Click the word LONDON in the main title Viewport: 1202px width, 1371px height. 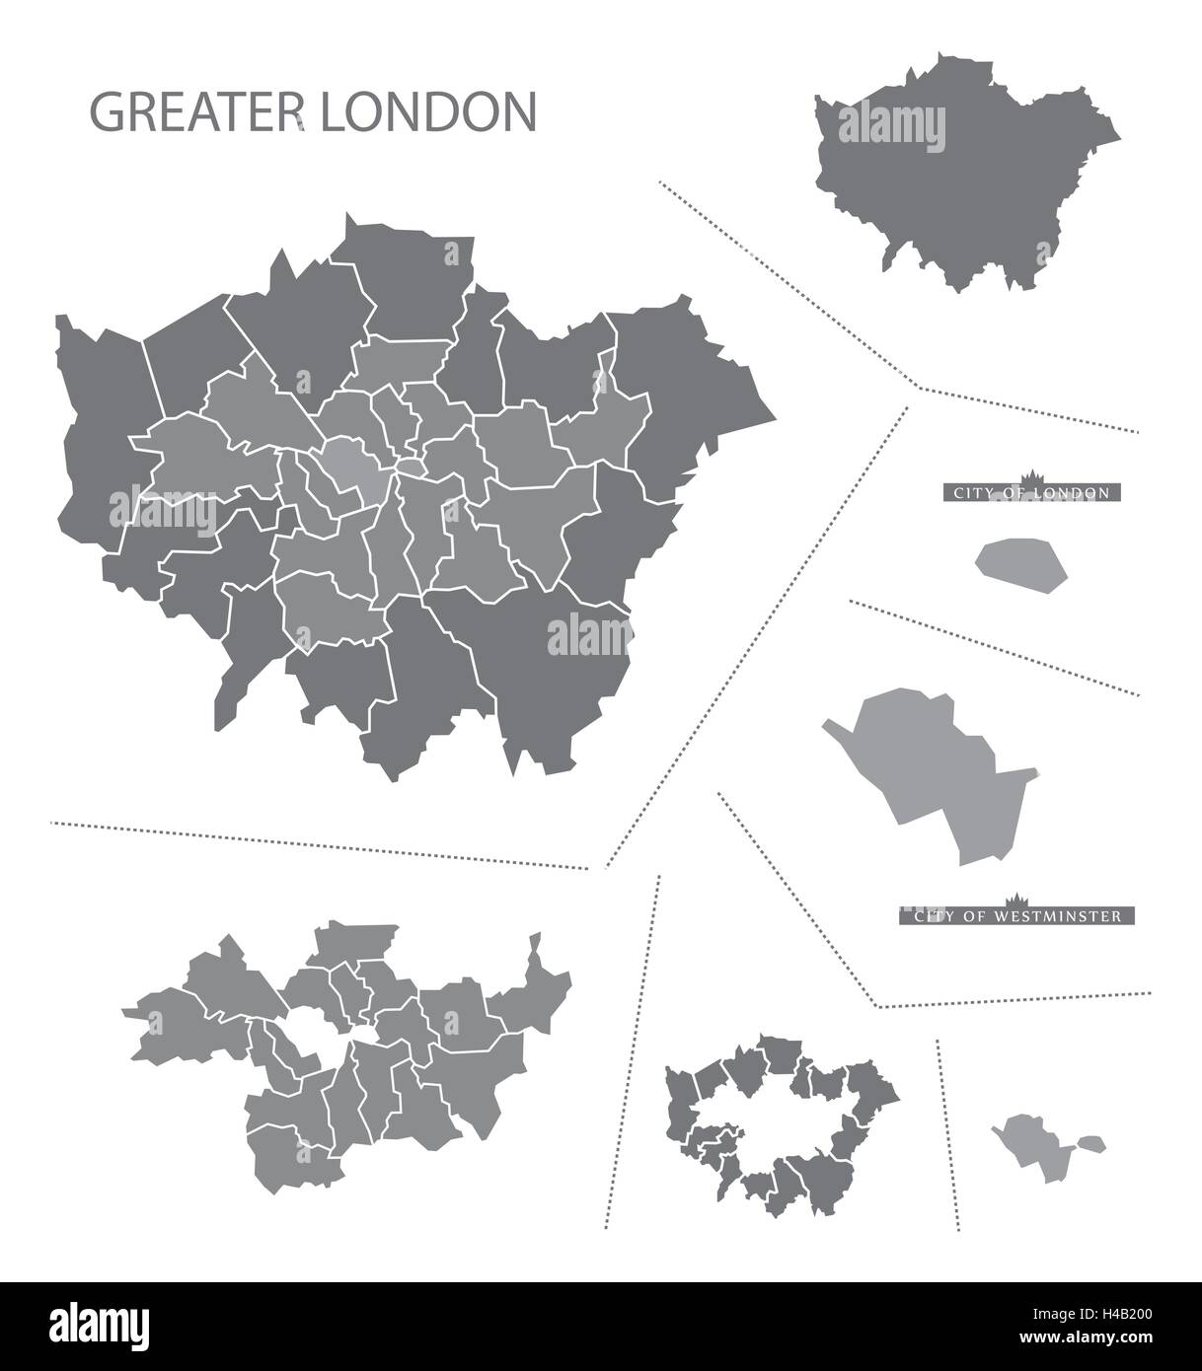tap(427, 112)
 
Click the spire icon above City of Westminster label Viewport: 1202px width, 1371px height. tap(1015, 901)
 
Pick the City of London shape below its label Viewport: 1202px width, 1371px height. tap(1021, 565)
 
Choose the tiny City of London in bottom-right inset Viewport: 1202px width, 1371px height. tap(1089, 1143)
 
